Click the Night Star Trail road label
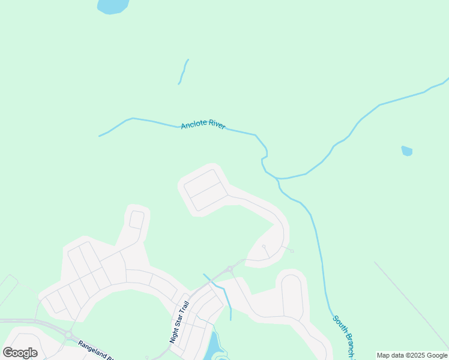tap(179, 322)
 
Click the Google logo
tap(20, 353)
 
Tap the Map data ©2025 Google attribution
tap(412, 355)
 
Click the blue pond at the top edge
tap(112, 6)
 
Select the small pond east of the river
tap(407, 151)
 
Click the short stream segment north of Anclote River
tap(183, 71)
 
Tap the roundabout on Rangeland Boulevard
tap(68, 335)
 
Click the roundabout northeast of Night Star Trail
tap(230, 269)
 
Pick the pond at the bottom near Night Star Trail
tap(212, 347)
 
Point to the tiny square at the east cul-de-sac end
tap(292, 251)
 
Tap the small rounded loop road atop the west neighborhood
tap(137, 220)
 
